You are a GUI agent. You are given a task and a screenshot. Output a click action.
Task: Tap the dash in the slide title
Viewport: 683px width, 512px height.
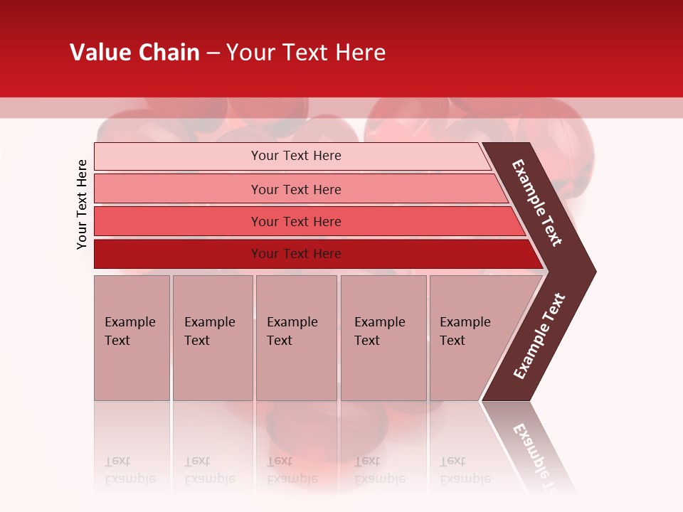click(x=213, y=53)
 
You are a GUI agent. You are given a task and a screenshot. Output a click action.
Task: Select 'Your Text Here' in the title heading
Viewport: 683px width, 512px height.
click(x=306, y=53)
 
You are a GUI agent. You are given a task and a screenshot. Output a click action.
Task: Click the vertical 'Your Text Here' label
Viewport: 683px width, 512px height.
click(x=82, y=204)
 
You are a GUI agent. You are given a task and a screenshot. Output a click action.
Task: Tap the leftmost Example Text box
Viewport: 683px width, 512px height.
click(x=132, y=338)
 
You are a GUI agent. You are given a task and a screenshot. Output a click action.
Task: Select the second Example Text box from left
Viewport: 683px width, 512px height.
click(x=212, y=338)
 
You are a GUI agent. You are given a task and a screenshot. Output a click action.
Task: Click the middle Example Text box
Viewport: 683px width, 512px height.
click(x=296, y=338)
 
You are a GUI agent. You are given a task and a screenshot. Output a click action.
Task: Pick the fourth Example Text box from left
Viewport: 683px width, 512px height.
click(x=383, y=338)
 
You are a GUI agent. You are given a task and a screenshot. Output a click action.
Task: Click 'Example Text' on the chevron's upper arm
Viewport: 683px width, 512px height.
click(x=537, y=203)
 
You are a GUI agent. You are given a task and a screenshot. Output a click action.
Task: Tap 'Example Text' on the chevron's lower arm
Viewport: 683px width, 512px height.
click(x=539, y=336)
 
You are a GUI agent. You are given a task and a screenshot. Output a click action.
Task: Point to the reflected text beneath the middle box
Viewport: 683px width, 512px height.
click(x=292, y=470)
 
